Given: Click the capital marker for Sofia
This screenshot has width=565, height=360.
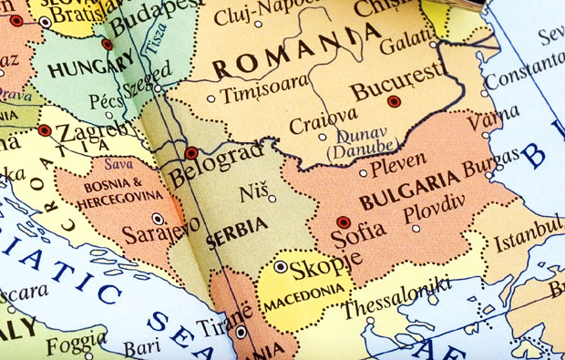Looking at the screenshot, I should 344,221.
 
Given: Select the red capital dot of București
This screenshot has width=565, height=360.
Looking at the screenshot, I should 394,101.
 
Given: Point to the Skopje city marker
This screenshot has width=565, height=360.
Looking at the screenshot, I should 281,267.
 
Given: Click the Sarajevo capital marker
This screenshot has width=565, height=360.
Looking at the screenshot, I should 158,219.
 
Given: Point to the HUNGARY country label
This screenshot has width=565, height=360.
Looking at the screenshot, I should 78,68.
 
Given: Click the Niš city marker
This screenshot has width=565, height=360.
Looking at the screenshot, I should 272,198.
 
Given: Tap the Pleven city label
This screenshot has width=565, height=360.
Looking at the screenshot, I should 399,164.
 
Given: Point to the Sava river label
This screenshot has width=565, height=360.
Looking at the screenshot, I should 118,165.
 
